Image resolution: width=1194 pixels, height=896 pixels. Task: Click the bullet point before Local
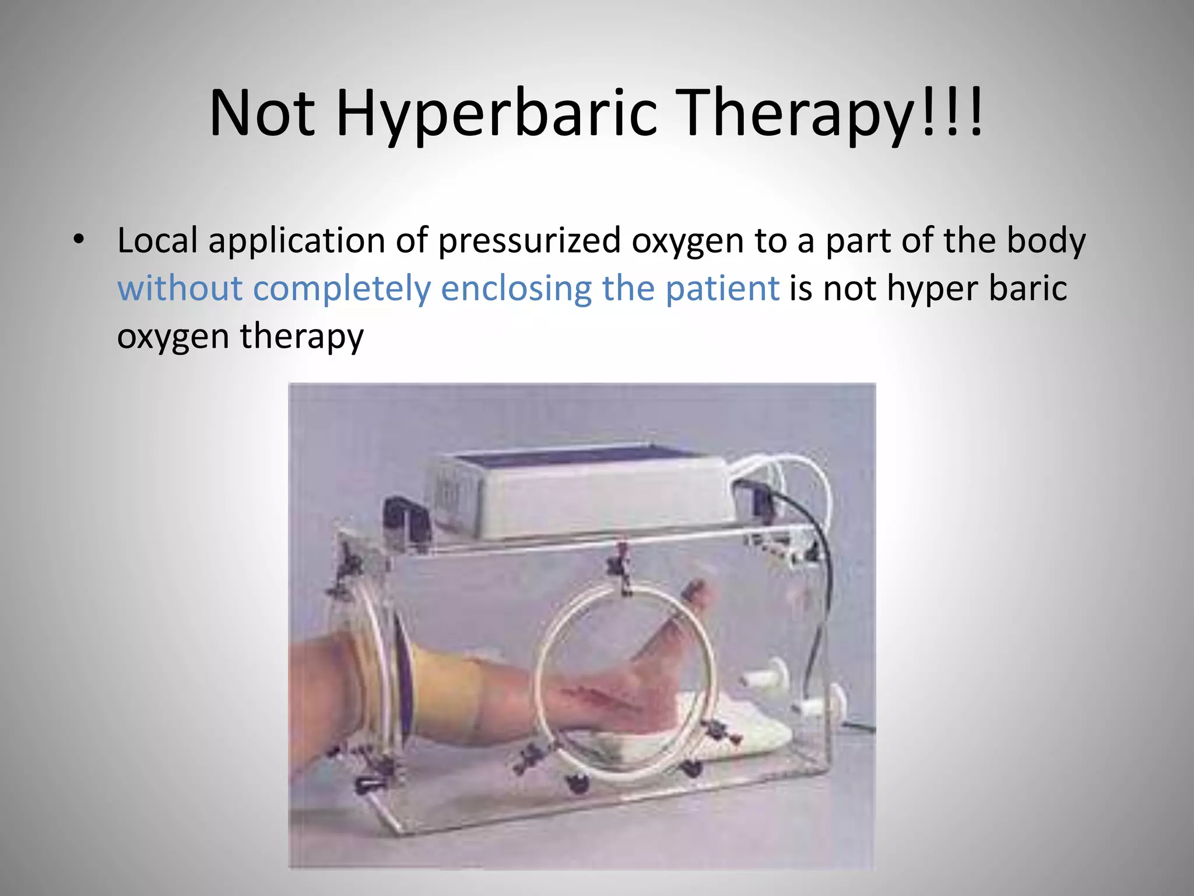point(79,240)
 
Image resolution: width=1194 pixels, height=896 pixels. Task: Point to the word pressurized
point(529,241)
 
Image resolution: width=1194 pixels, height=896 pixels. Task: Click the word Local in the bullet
point(157,241)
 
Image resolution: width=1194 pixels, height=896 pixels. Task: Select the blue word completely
point(342,289)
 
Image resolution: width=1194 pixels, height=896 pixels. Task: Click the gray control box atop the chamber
point(583,490)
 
